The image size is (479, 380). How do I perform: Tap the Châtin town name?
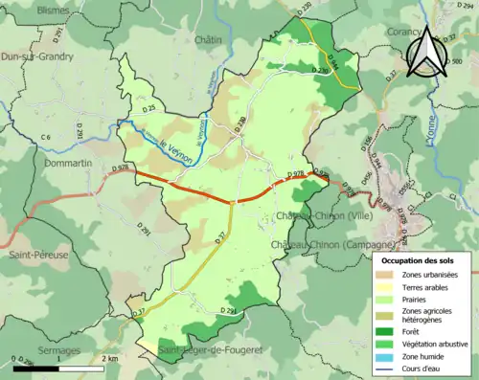[x=208, y=40]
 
